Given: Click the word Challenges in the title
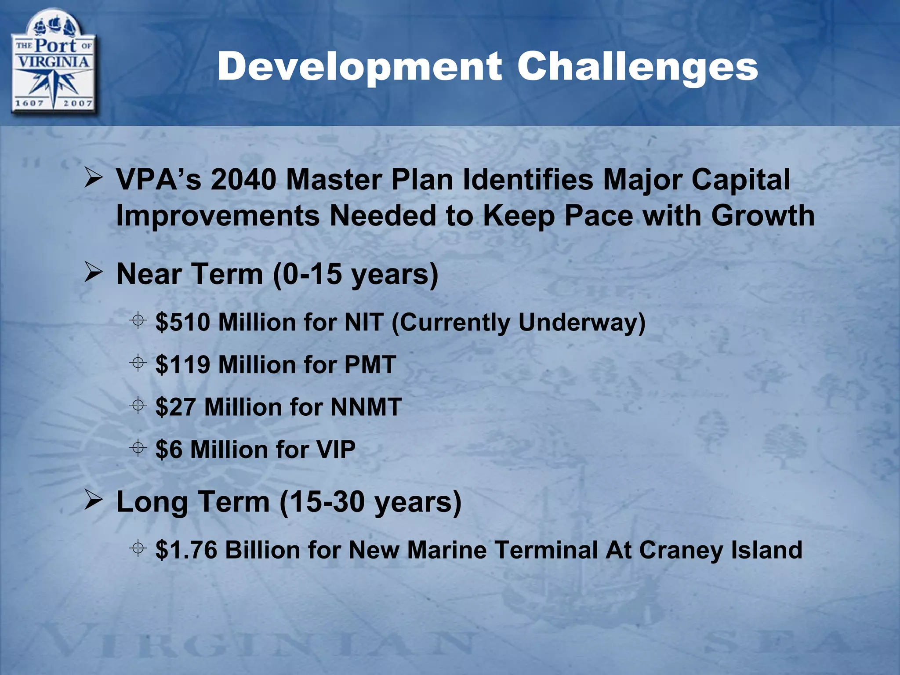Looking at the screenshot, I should click(638, 67).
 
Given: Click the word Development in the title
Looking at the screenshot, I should click(359, 67).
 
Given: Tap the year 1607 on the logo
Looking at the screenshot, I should click(29, 103).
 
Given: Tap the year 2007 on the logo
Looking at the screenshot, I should click(77, 103).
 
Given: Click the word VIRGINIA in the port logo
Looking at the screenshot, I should click(53, 62).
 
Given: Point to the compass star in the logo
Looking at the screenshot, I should click(53, 86).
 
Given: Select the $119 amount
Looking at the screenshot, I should click(183, 365).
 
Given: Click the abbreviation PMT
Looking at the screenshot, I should click(370, 365).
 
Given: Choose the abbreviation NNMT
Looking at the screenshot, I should click(366, 407).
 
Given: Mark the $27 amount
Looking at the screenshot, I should click(176, 407).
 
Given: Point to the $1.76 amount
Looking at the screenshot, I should click(187, 550).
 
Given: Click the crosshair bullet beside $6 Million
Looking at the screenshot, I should click(138, 447).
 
